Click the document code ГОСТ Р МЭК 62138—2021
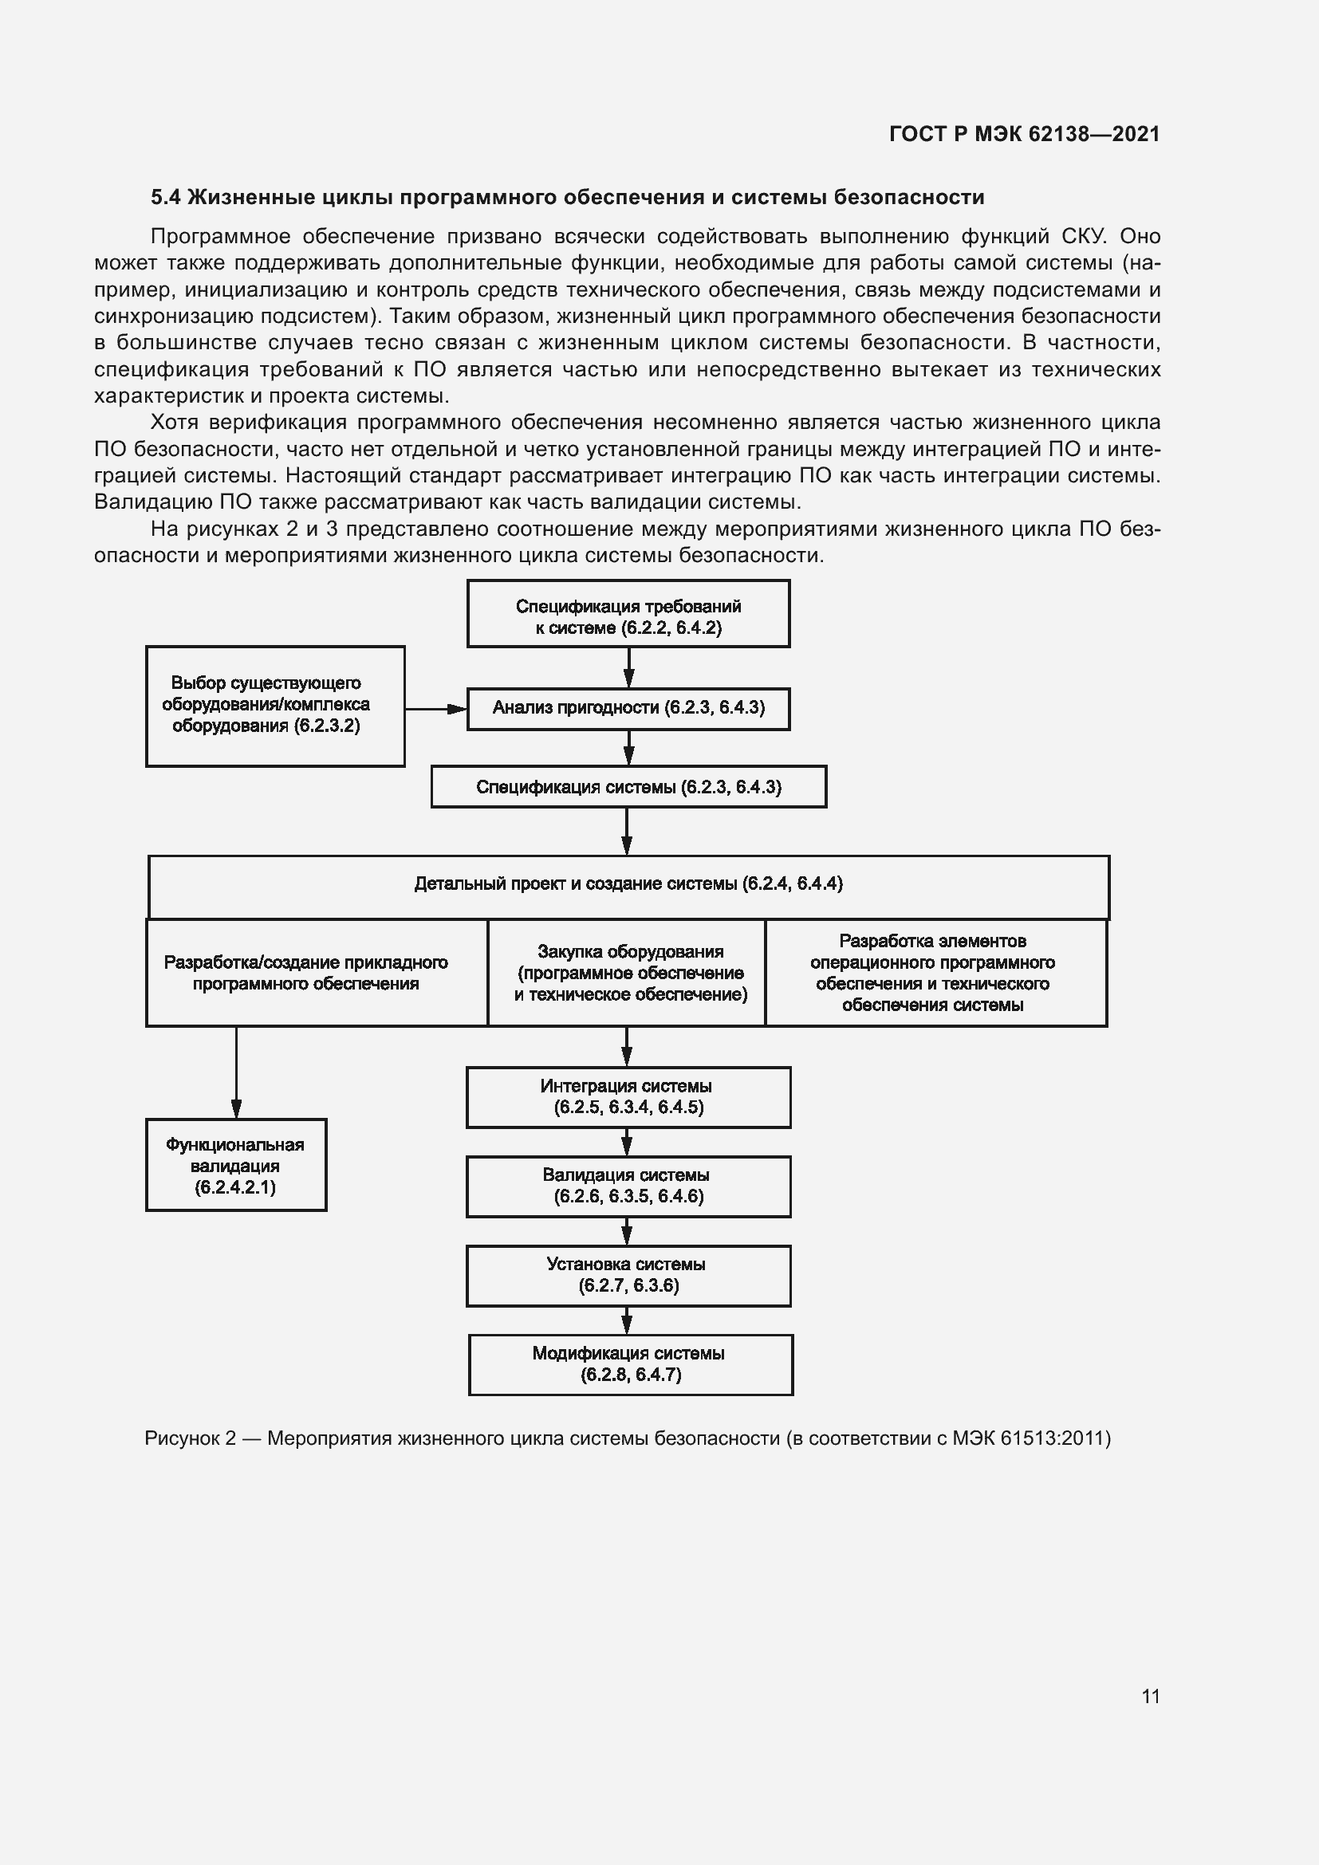1024,134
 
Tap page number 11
1150,1696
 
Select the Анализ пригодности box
628,708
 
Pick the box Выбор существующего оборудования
274,705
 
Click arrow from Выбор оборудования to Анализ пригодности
435,709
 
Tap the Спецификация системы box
628,786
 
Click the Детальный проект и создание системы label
628,883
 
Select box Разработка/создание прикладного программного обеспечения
317,972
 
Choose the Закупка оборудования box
626,972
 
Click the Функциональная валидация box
235,1166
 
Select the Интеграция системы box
628,1096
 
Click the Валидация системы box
628,1186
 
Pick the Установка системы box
628,1275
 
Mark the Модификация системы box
630,1364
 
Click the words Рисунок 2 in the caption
190,1438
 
